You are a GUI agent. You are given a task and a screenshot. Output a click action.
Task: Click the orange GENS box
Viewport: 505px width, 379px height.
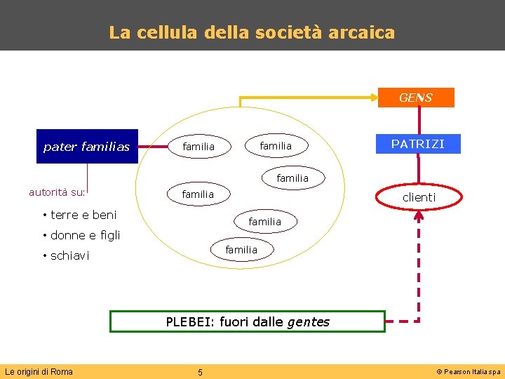416,98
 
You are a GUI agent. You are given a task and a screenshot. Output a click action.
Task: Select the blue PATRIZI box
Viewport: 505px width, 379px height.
417,144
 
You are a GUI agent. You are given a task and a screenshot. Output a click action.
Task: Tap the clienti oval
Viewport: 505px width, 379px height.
419,198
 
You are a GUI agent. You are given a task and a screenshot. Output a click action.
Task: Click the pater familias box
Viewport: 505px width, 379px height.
87,147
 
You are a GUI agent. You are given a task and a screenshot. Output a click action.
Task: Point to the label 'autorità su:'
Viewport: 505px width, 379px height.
57,191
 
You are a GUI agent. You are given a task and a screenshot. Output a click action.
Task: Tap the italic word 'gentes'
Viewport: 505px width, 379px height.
309,322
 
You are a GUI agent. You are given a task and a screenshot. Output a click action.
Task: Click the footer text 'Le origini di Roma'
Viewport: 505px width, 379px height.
39,371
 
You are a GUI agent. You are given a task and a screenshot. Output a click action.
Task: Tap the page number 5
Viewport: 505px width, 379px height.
200,372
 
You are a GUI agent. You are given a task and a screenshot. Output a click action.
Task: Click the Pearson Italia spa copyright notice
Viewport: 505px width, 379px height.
469,372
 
